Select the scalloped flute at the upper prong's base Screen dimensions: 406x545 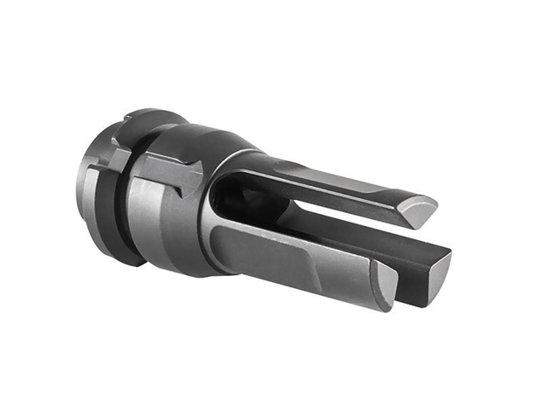tap(262, 162)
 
